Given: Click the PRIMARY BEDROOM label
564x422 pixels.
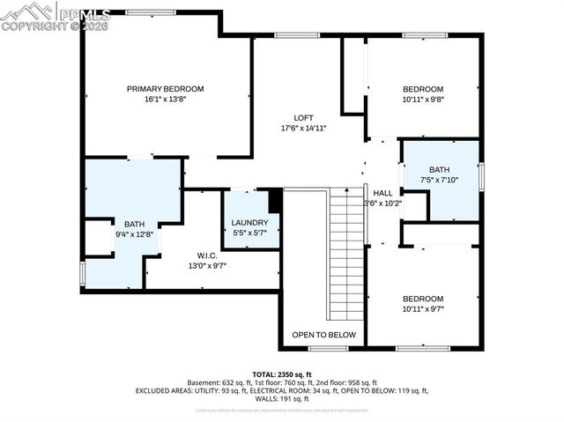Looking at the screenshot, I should coord(165,88).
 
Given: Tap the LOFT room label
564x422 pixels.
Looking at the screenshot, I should coord(303,118).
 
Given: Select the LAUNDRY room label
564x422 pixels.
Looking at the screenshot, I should coord(250,222).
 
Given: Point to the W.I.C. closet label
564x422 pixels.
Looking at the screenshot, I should coord(208,255).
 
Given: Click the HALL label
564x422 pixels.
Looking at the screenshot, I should coord(382,193).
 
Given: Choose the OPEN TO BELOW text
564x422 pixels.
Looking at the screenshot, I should coord(323,335).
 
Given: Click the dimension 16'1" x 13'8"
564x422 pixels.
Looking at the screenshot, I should coord(165,100).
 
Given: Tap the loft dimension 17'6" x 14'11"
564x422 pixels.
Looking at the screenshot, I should coord(303,129).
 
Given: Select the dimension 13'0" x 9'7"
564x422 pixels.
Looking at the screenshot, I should coord(208,265).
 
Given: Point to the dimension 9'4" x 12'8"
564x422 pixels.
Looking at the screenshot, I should coord(134,234).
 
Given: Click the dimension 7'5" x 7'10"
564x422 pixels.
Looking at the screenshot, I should coord(439,180).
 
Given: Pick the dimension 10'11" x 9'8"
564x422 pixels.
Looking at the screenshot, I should coord(423,100).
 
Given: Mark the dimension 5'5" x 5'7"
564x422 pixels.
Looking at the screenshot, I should coord(250,233).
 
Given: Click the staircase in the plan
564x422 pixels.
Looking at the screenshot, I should coord(345,255).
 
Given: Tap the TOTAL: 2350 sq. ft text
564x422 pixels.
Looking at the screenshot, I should coord(282,374).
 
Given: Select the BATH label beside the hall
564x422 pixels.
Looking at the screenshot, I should coord(439,169).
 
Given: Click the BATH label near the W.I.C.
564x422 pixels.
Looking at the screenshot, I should coord(134,224).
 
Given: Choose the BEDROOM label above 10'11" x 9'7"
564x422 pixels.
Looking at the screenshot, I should coord(423,299).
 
